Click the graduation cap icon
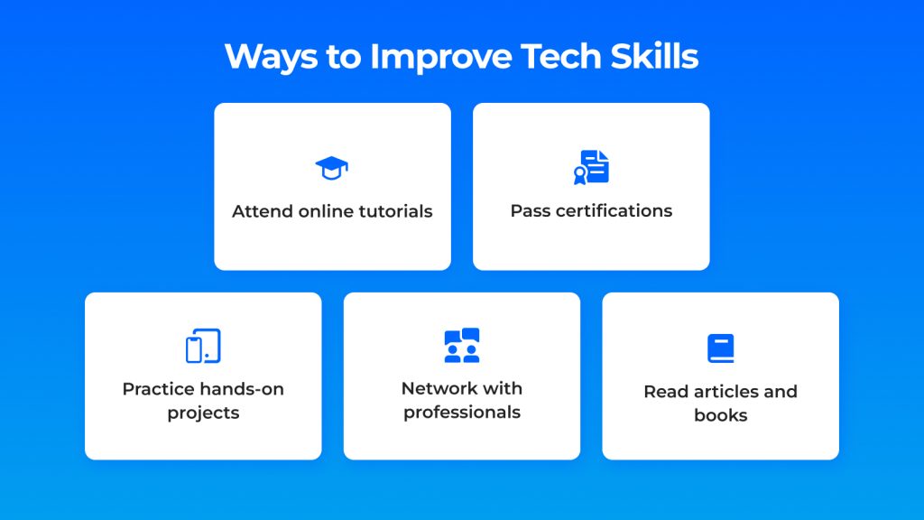332,168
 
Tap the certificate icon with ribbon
591,167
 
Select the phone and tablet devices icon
203,346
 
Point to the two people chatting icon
462,346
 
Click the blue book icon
720,348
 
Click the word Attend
263,211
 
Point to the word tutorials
393,211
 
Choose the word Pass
529,211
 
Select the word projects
203,413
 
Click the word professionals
462,413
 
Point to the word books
720,415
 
